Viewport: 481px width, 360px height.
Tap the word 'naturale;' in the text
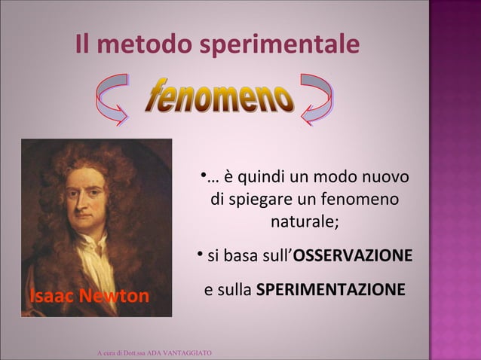click(x=305, y=224)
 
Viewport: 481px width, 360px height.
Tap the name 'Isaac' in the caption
click(x=51, y=296)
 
